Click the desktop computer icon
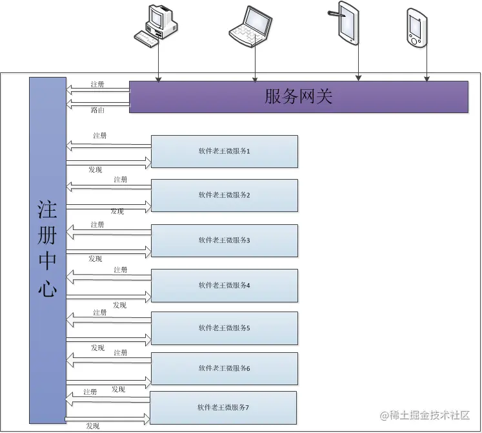pos(157,25)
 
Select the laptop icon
pos(250,27)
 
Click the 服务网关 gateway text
pos(299,97)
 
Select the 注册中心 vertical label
pos(48,249)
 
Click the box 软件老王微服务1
pos(224,151)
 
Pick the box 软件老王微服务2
pos(224,195)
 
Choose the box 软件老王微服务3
pos(224,240)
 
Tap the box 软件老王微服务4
pos(224,285)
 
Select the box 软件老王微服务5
pos(224,328)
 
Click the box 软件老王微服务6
pos(224,368)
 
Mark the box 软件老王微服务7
pos(223,408)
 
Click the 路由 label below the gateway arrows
pos(97,111)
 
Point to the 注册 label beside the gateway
pos(97,85)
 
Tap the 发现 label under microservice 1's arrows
pos(95,169)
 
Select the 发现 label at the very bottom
pos(92,426)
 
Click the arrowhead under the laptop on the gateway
pos(255,79)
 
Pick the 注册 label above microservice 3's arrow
pos(97,224)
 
